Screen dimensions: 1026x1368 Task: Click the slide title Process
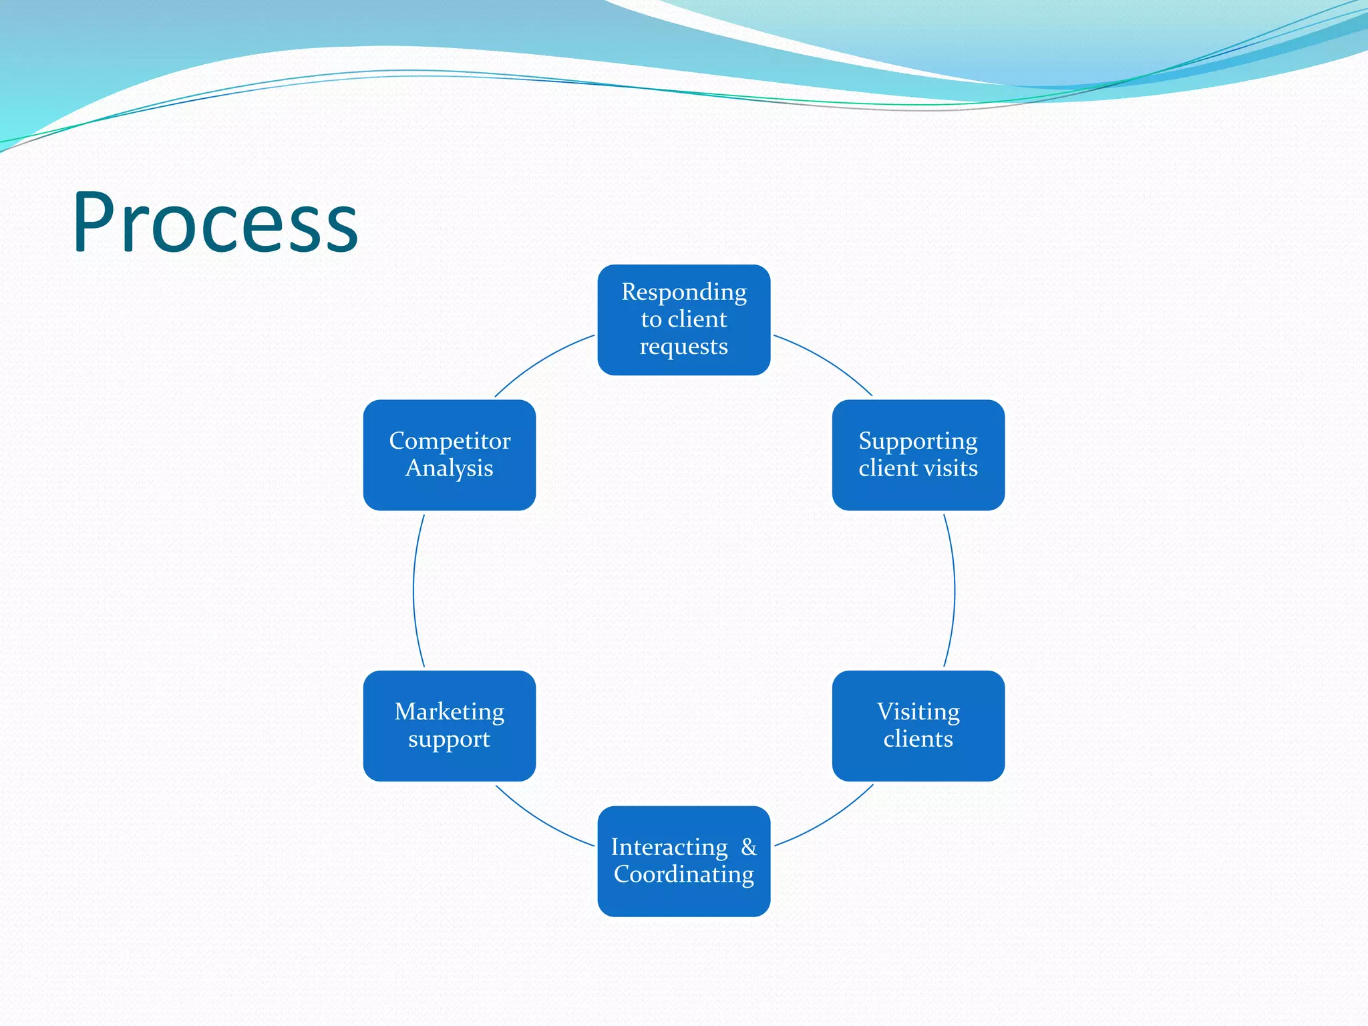[x=215, y=222]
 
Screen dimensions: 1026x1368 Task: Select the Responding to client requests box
[x=683, y=320]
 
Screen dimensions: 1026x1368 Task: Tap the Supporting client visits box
[x=918, y=455]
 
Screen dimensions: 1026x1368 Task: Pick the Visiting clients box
[x=918, y=725]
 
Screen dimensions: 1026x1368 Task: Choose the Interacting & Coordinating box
[x=683, y=861]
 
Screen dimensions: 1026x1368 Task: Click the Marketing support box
[x=449, y=725]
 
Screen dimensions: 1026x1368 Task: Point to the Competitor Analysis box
[x=449, y=455]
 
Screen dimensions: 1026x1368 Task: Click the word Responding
[x=683, y=293]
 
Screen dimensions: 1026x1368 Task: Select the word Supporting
[x=918, y=442]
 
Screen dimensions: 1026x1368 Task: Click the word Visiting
[x=918, y=712]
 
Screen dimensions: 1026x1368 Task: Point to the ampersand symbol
[x=749, y=847]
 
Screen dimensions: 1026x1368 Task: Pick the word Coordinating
[x=683, y=874]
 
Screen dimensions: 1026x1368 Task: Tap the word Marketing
[x=449, y=712]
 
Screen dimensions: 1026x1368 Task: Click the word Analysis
[x=449, y=468]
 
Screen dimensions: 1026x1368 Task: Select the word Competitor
[x=449, y=442]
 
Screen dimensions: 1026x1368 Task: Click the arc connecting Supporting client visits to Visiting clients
[x=955, y=590]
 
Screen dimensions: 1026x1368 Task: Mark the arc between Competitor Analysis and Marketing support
[x=413, y=590]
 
